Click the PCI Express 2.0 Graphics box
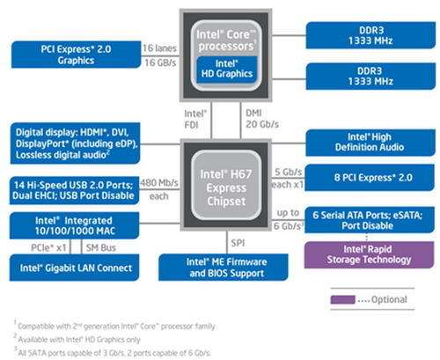76,55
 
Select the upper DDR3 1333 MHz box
370,35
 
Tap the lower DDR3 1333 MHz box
370,76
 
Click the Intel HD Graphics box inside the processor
226,69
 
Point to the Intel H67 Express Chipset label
226,187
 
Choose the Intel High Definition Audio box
370,143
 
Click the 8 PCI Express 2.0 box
370,178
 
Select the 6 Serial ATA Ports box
370,220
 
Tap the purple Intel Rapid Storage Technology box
369,254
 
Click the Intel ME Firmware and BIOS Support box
224,268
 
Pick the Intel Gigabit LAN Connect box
74,268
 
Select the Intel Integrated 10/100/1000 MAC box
75,225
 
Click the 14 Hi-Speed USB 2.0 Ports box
75,190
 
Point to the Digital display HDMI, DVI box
75,143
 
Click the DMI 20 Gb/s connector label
262,119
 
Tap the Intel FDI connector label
195,119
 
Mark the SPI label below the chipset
238,243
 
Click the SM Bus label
101,248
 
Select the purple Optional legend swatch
343,299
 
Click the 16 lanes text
159,48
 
